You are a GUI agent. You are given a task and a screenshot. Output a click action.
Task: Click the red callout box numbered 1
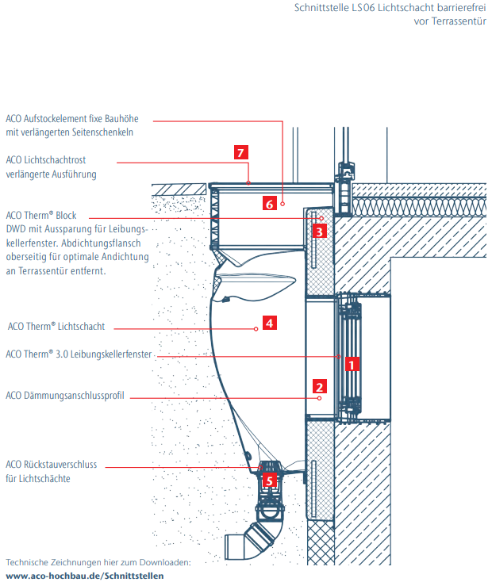pyautogui.click(x=352, y=365)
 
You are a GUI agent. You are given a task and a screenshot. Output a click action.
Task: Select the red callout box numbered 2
pyautogui.click(x=319, y=387)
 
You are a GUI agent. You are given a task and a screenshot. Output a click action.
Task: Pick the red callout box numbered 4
pyautogui.click(x=270, y=324)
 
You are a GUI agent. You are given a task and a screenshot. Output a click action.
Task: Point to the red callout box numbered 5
pyautogui.click(x=269, y=480)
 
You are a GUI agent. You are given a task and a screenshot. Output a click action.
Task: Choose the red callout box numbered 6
pyautogui.click(x=270, y=204)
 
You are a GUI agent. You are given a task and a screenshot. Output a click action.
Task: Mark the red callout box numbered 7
pyautogui.click(x=241, y=152)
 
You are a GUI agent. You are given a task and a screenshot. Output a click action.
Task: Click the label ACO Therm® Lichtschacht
pyautogui.click(x=56, y=326)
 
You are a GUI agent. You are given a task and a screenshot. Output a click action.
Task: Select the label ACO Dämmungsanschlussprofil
pyautogui.click(x=65, y=396)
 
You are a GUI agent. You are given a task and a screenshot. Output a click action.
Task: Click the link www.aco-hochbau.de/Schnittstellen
pyautogui.click(x=85, y=575)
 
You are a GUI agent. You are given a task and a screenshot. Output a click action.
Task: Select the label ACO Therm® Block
pyautogui.click(x=40, y=215)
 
